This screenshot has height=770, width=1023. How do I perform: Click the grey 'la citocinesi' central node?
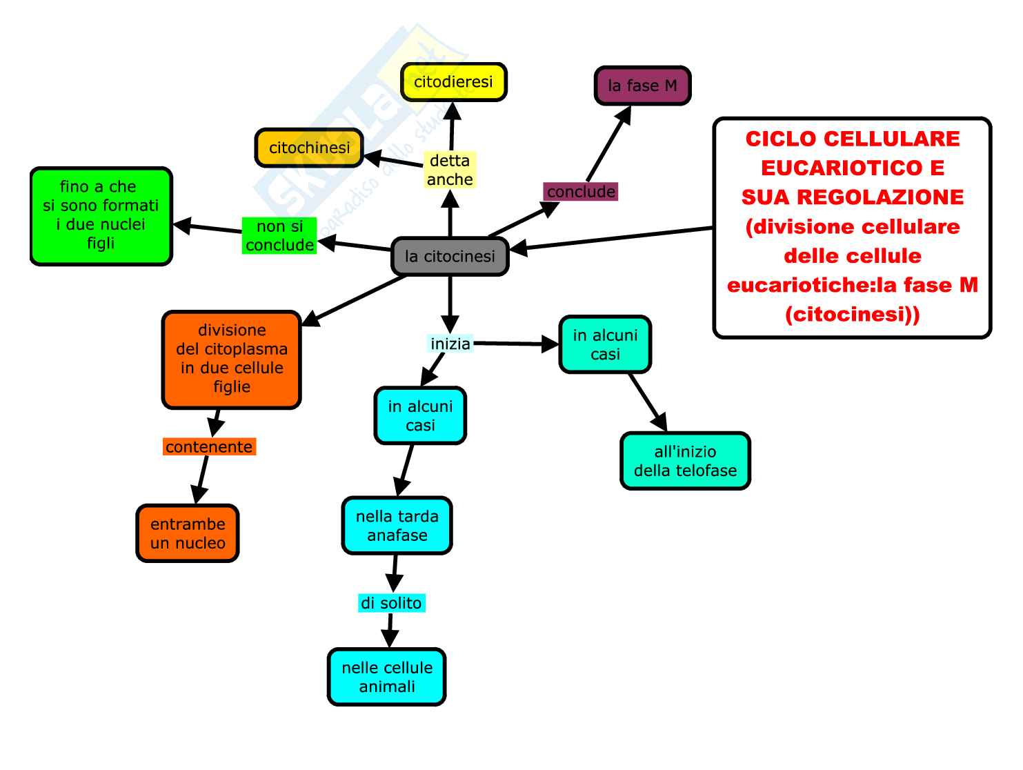(x=450, y=257)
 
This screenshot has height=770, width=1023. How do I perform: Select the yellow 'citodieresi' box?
(x=453, y=82)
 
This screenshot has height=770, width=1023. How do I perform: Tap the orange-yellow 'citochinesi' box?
(x=309, y=148)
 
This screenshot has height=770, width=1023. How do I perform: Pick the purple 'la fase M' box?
(x=642, y=86)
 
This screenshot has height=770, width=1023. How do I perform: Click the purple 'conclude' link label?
(x=581, y=192)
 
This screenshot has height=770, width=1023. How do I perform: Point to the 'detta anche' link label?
(x=450, y=170)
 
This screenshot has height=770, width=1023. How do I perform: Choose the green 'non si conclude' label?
(x=279, y=236)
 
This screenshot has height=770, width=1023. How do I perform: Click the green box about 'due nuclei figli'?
(x=101, y=215)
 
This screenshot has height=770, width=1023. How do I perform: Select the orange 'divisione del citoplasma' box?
(x=232, y=359)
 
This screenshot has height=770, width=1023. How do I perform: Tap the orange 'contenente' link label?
(x=209, y=447)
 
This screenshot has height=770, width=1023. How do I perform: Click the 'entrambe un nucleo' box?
(x=188, y=533)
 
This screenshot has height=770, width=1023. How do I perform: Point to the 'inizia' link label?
(x=450, y=344)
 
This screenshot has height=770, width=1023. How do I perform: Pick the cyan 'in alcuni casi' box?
(x=420, y=415)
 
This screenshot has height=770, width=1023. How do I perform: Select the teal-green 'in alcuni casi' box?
(x=605, y=345)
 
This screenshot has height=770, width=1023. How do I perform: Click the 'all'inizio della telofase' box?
(x=685, y=461)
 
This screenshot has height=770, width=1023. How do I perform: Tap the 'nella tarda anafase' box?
(x=397, y=526)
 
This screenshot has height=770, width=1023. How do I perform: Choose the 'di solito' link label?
(x=391, y=603)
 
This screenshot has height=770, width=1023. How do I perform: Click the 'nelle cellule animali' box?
(x=387, y=677)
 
